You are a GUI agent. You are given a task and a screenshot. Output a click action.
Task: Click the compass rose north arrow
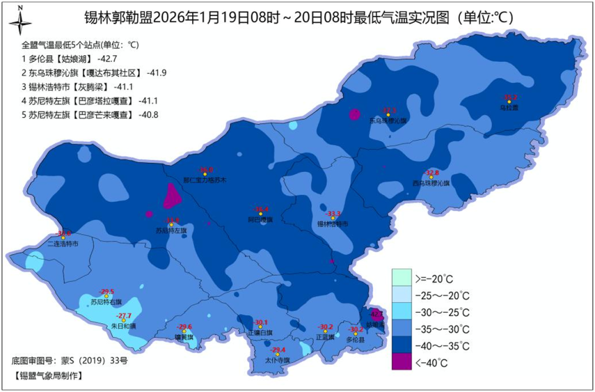point(20,22)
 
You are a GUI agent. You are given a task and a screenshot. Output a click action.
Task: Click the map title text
point(298,17)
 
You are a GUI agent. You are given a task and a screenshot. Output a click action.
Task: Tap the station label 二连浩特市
point(63,244)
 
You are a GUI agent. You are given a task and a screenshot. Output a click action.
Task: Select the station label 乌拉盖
point(509,107)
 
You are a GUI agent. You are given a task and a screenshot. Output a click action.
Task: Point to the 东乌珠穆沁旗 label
point(387,121)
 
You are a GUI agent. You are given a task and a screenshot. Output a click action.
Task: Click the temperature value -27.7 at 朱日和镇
point(123,316)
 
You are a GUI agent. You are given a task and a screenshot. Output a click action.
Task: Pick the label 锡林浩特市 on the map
point(333,224)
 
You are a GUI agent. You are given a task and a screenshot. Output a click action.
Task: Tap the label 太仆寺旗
point(277,360)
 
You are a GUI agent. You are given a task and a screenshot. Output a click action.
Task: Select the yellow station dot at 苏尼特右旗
point(107,297)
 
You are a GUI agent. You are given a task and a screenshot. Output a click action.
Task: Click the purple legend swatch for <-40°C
point(402,362)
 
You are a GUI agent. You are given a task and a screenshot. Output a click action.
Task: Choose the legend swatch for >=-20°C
point(402,277)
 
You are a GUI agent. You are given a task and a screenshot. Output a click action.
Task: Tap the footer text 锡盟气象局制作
point(47,375)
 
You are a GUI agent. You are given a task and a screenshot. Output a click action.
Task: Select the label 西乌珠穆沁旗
point(431,183)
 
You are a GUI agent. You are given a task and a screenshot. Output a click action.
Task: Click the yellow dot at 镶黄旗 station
point(184,332)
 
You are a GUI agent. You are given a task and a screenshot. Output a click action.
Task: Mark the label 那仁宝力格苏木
point(205,180)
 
